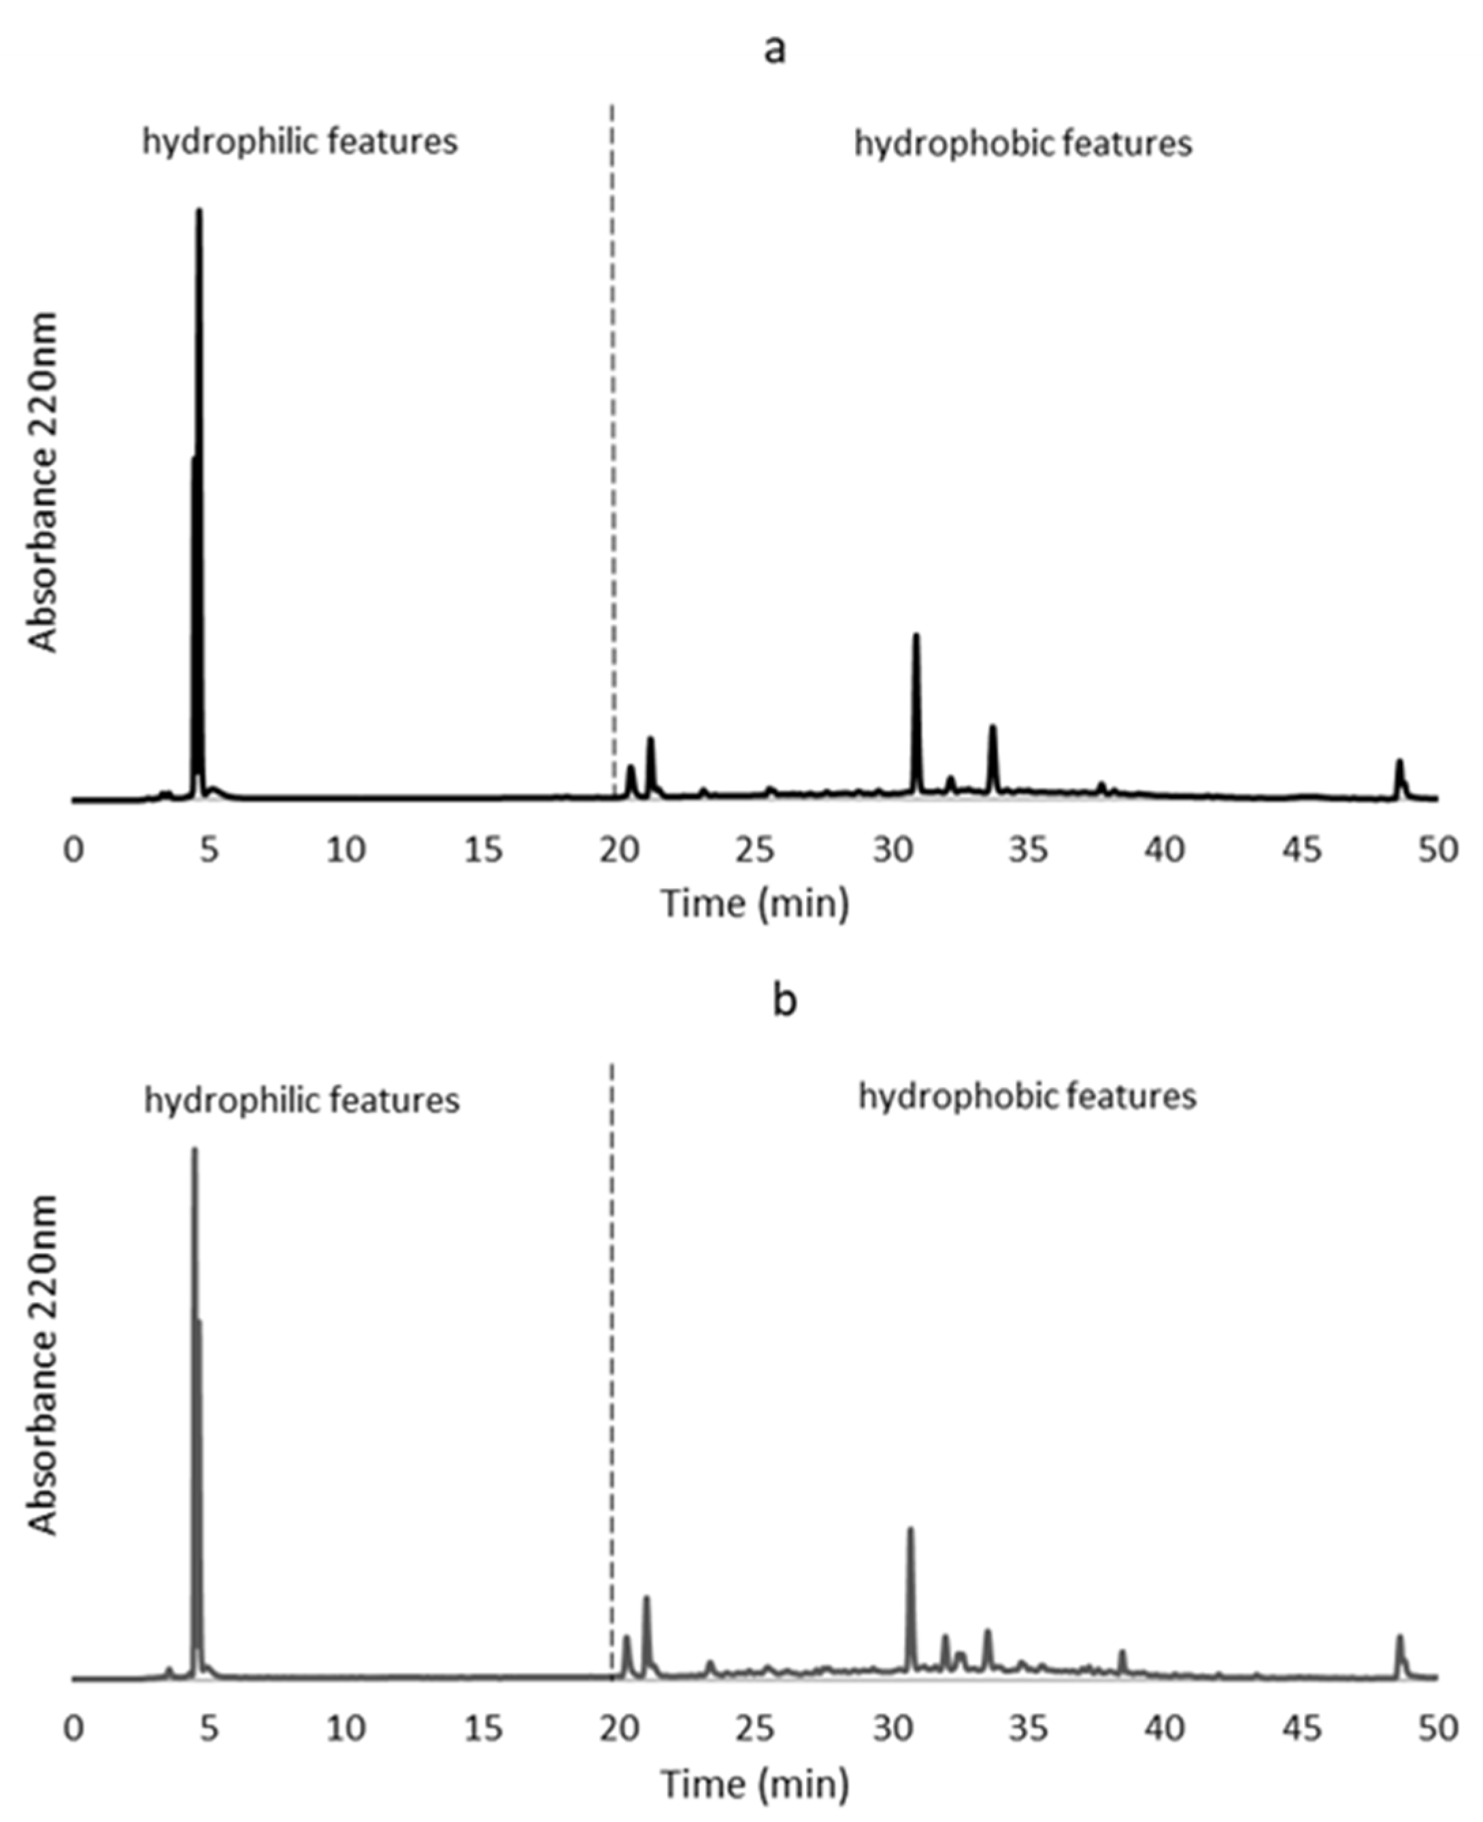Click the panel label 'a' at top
(774, 50)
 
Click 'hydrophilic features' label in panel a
(300, 141)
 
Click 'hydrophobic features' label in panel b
(1027, 1096)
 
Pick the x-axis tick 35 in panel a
(1028, 850)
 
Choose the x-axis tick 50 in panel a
(1437, 850)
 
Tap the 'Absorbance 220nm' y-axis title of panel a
(43, 483)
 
